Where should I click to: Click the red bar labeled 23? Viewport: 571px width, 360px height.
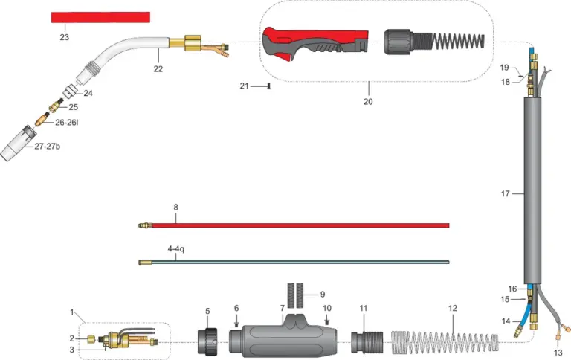[100, 17]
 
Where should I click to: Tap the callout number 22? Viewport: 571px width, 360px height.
[158, 69]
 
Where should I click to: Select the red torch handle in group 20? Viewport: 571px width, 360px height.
[315, 44]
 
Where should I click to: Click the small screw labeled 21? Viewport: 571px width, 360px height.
[269, 86]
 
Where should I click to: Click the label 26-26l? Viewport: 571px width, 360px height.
[67, 123]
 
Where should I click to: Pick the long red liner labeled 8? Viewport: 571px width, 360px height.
[294, 225]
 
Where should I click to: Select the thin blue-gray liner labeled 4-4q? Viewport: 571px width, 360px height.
[294, 262]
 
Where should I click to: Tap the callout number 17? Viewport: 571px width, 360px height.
[506, 194]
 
